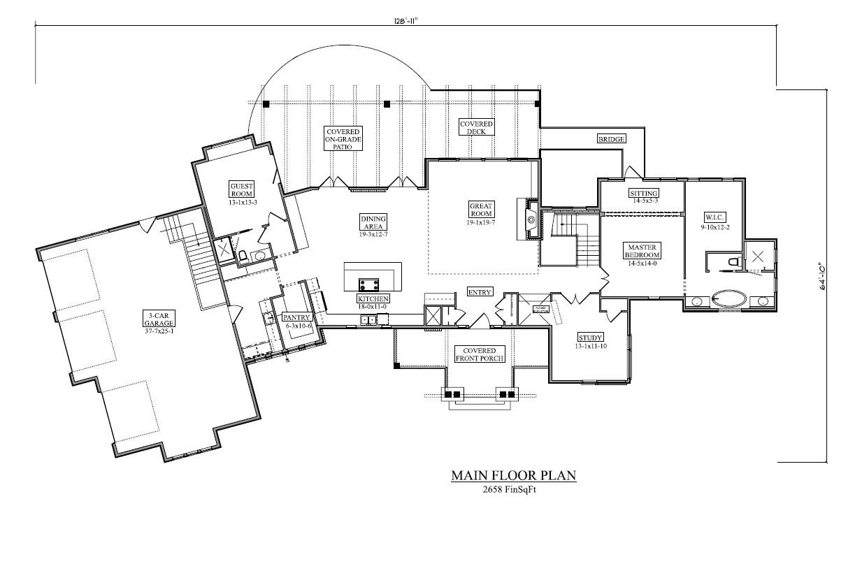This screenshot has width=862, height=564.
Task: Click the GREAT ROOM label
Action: click(481, 210)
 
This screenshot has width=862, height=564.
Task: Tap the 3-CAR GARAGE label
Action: click(159, 319)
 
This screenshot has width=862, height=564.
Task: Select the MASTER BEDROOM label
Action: click(641, 250)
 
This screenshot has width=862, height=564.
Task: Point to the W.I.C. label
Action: click(715, 217)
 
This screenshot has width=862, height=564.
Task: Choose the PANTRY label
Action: click(296, 317)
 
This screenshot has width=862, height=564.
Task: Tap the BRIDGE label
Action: click(610, 138)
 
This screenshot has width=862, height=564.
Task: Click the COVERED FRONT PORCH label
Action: click(475, 354)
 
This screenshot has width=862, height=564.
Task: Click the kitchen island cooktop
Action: click(368, 284)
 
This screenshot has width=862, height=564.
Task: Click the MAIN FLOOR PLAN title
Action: click(513, 476)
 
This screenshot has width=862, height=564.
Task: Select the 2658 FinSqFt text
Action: click(513, 490)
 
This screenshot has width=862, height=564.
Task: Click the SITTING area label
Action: click(643, 193)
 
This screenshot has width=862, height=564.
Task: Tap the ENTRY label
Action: click(480, 292)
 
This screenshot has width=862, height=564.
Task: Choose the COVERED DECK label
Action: click(476, 127)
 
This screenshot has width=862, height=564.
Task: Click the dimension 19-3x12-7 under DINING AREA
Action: click(373, 234)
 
